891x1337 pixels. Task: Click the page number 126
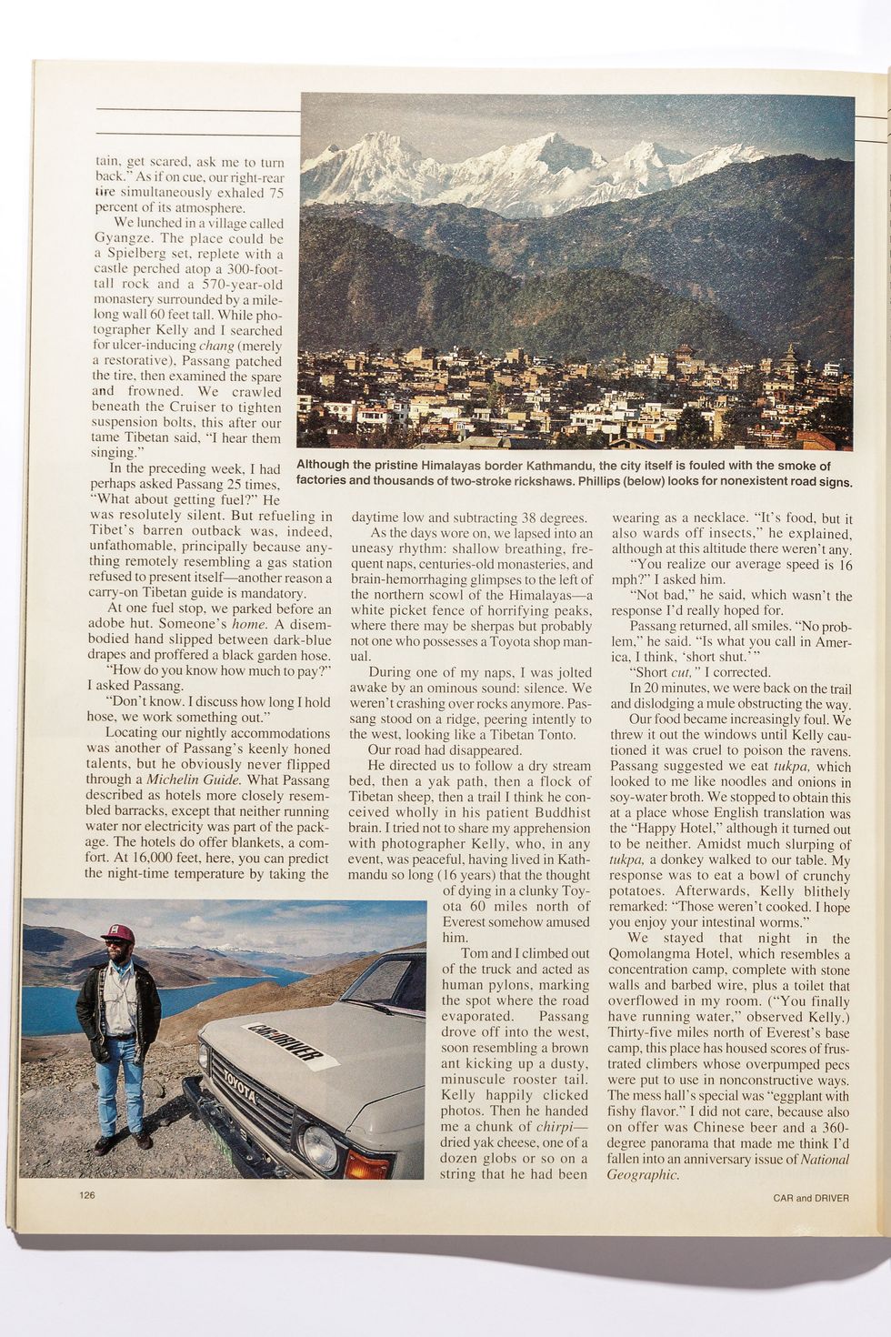click(x=86, y=1195)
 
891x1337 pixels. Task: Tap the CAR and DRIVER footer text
click(x=805, y=1198)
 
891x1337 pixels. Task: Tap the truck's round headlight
click(x=320, y=1148)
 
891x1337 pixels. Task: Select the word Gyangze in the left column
click(x=126, y=239)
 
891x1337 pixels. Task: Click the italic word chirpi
click(x=561, y=1128)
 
